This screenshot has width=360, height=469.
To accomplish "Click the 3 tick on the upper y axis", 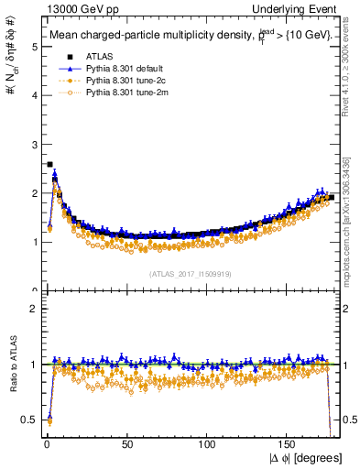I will point(34,145).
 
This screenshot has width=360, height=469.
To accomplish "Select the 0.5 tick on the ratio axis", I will point(30,420).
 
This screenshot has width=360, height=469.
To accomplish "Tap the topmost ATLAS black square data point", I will point(49,165).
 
